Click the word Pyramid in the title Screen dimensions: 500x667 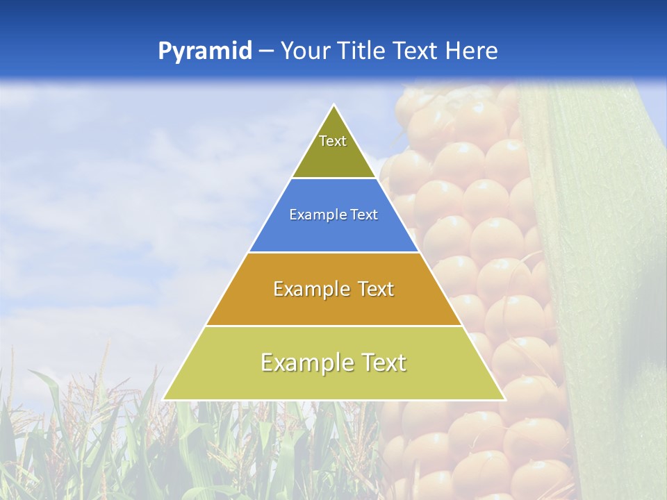click(x=205, y=51)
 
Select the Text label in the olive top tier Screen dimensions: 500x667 click(x=333, y=142)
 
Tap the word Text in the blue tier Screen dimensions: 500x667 click(x=364, y=215)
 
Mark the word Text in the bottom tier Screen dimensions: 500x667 click(x=382, y=363)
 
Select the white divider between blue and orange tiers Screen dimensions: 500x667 click(x=334, y=252)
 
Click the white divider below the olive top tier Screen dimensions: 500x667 click(x=334, y=178)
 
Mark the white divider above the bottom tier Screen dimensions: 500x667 click(x=334, y=326)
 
